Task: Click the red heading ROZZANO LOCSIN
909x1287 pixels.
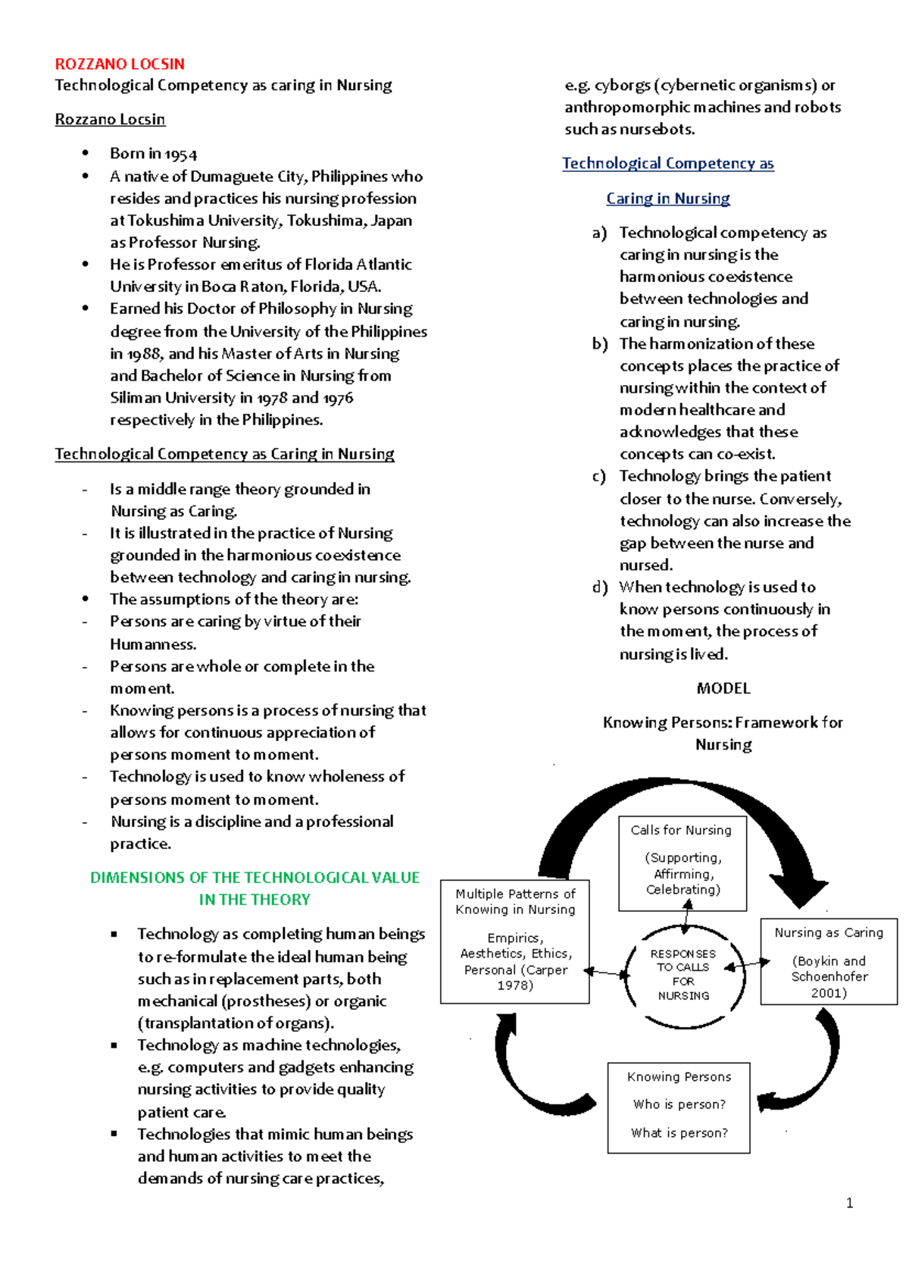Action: tap(120, 64)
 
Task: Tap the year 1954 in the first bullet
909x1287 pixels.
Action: tap(181, 155)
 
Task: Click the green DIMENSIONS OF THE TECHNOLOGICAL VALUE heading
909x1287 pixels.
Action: tap(255, 878)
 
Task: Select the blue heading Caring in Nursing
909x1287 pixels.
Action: tap(667, 199)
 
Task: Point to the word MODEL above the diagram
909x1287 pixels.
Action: tap(723, 688)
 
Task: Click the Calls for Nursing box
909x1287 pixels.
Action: tap(682, 863)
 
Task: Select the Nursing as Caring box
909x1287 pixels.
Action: tap(828, 961)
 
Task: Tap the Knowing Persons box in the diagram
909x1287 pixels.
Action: tap(679, 1107)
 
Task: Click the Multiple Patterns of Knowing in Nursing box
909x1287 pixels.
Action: tap(515, 941)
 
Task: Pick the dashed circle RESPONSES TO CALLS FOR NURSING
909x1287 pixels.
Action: tap(683, 975)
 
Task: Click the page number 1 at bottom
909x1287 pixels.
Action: tap(849, 1203)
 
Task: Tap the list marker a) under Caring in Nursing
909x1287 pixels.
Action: tap(600, 233)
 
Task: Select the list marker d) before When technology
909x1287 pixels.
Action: tap(600, 587)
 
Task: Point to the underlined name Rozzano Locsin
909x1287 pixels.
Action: tap(110, 120)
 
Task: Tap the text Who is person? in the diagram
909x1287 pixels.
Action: tap(679, 1104)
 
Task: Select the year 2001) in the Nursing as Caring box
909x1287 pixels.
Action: tap(829, 993)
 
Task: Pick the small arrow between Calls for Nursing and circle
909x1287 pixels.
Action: tap(686, 919)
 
